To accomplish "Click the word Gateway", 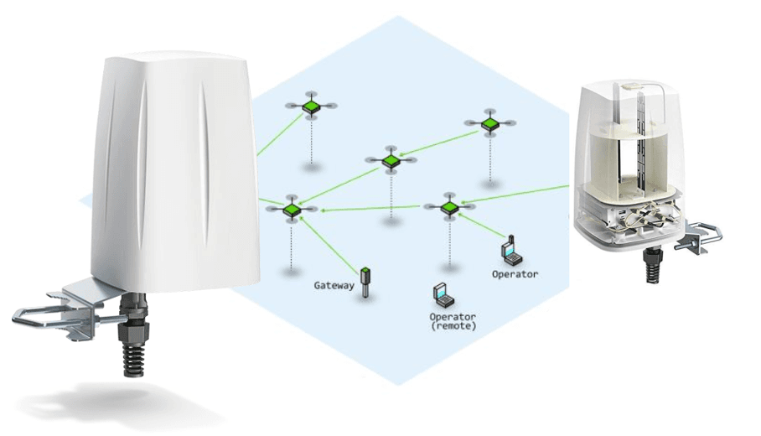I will click(x=334, y=285).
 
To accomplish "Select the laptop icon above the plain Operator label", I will click(x=508, y=249).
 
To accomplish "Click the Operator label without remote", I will click(x=515, y=273).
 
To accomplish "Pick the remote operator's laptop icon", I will click(x=442, y=296).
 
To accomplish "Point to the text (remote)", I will click(x=453, y=325).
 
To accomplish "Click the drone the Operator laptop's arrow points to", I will click(x=448, y=206).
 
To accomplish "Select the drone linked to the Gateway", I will click(x=291, y=209).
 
